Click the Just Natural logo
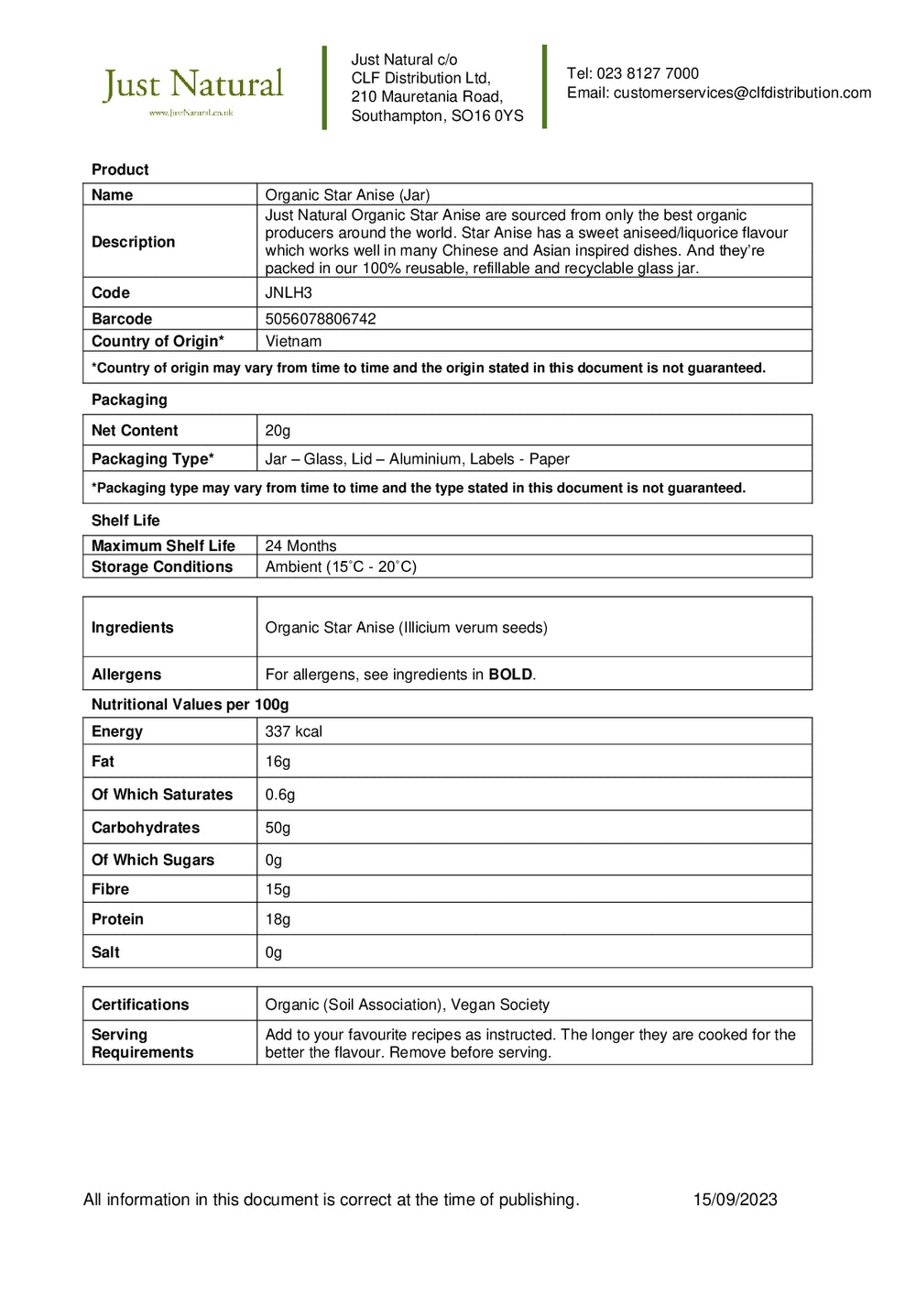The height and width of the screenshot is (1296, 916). (x=192, y=90)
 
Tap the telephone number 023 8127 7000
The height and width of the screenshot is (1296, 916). (x=648, y=73)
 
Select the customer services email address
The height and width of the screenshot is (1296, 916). (x=742, y=93)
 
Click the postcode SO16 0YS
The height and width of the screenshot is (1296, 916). (x=487, y=115)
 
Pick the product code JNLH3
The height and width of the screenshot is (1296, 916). (x=289, y=292)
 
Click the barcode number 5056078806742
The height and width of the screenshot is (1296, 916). (x=321, y=319)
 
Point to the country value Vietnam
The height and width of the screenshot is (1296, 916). (x=293, y=341)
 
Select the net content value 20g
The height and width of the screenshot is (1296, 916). (x=278, y=431)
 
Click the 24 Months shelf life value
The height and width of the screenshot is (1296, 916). (x=300, y=545)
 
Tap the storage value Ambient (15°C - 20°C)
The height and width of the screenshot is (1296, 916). (x=341, y=566)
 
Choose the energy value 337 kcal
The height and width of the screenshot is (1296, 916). (x=293, y=731)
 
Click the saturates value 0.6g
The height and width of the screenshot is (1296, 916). (x=280, y=795)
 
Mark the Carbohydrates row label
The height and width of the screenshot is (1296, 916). (x=146, y=828)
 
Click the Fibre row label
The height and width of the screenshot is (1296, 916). (x=110, y=889)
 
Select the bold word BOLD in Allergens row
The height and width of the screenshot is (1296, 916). (x=510, y=675)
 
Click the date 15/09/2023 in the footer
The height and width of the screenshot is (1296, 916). (x=735, y=1200)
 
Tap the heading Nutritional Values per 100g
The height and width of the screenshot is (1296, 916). (x=190, y=705)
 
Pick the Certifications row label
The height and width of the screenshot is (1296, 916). (x=140, y=1005)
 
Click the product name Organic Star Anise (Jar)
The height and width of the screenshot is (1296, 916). (x=347, y=194)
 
